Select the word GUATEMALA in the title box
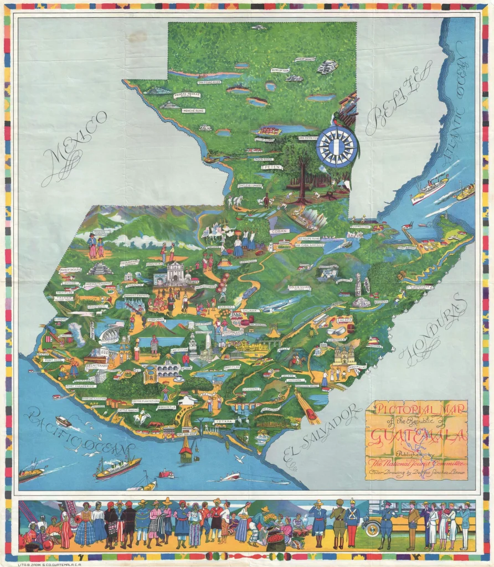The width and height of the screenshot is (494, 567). (415, 435)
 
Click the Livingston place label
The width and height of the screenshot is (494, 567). (360, 226)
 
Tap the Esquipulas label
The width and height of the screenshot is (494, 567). (357, 367)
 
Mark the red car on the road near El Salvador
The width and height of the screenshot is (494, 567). (311, 414)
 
